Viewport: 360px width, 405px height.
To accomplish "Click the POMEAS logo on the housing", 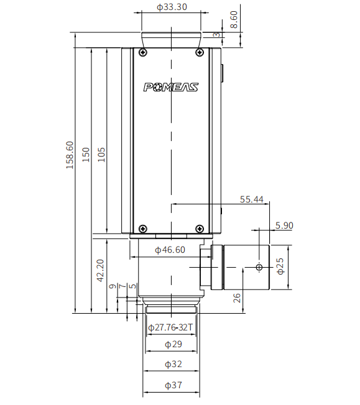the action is [x=171, y=87].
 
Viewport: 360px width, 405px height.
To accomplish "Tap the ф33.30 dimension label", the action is [x=172, y=7].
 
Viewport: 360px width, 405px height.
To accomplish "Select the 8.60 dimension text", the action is [x=234, y=19].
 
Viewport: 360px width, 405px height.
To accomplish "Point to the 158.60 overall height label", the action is [x=70, y=155].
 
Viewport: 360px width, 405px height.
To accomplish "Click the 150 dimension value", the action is [x=86, y=155].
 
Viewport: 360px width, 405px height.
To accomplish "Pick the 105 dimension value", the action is [x=101, y=155].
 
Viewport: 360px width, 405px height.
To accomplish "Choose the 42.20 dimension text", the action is [x=100, y=270].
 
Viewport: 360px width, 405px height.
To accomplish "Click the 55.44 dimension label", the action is [x=252, y=199].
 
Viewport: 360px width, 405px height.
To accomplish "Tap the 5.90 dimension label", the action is [x=284, y=225].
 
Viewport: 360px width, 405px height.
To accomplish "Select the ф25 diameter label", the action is [x=280, y=266].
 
